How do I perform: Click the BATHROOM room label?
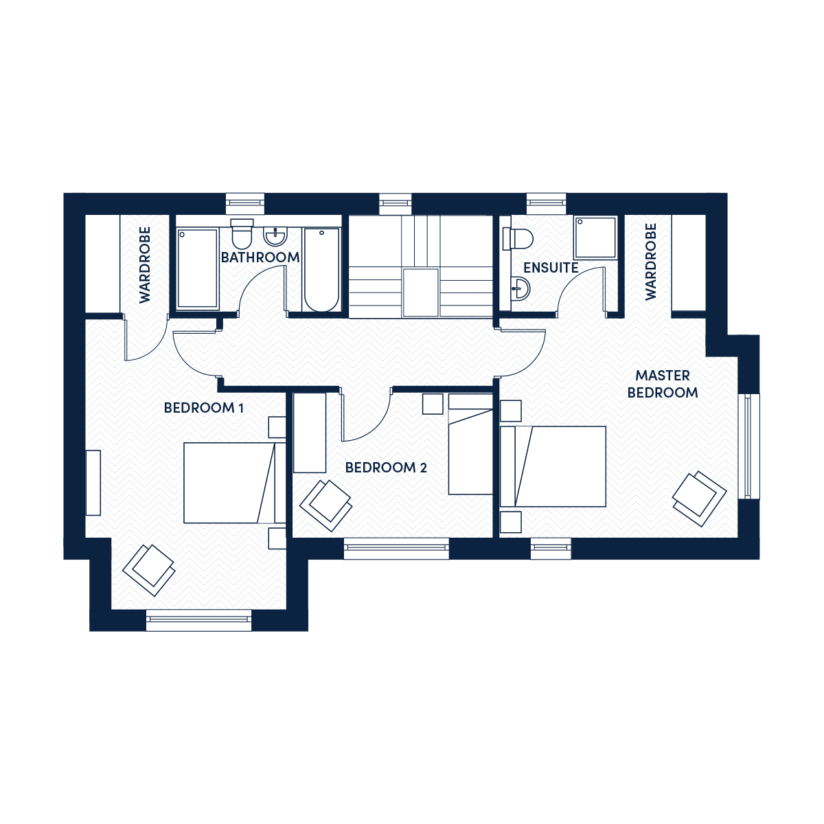tap(260, 257)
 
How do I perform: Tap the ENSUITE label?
tap(551, 268)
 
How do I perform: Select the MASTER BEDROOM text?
tap(663, 384)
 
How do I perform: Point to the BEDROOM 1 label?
tap(203, 408)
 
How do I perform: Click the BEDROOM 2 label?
tap(386, 468)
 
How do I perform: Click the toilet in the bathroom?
tap(242, 234)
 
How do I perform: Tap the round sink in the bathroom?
tap(276, 236)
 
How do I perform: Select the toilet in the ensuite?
tap(518, 238)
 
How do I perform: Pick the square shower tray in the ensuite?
tap(595, 238)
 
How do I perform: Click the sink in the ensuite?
tap(520, 288)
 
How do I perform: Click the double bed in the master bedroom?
tap(553, 466)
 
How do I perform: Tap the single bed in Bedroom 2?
tap(470, 444)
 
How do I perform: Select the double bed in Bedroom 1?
tap(235, 483)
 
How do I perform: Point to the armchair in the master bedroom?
tap(699, 498)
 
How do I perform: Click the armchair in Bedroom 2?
tap(326, 506)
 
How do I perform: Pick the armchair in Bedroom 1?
tap(149, 570)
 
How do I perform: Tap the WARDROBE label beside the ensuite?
tap(650, 262)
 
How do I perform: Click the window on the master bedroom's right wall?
tap(748, 446)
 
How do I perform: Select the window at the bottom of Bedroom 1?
tap(199, 620)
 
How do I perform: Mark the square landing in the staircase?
tap(420, 293)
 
